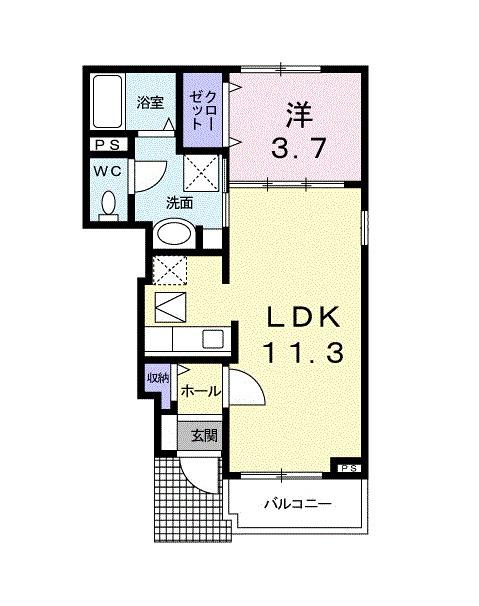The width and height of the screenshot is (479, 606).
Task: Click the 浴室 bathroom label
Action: click(151, 101)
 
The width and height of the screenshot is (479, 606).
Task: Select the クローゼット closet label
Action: click(206, 105)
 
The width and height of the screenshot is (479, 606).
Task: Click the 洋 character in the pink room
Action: click(294, 111)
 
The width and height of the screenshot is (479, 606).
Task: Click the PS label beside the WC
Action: click(106, 145)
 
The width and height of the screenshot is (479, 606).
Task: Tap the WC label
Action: click(108, 170)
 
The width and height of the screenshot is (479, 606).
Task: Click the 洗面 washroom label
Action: click(179, 202)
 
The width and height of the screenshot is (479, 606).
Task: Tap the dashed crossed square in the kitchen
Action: click(167, 270)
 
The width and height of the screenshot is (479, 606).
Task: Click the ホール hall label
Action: click(200, 391)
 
